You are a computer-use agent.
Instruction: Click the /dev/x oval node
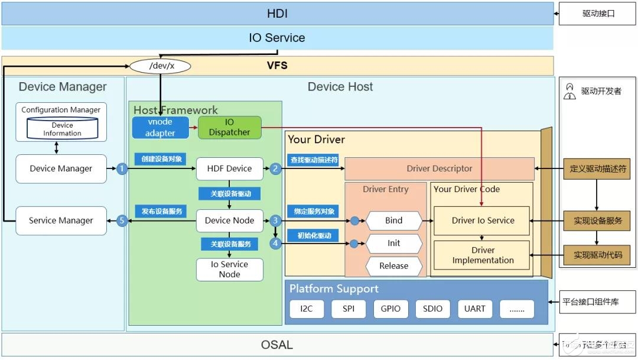pyautogui.click(x=159, y=66)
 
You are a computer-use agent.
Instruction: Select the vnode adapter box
pyautogui.click(x=160, y=128)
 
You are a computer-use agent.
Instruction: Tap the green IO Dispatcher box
pyautogui.click(x=229, y=128)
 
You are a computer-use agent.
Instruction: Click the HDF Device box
pyautogui.click(x=229, y=168)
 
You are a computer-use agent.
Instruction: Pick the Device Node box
pyautogui.click(x=229, y=220)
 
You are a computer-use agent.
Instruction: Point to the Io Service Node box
pyautogui.click(x=229, y=269)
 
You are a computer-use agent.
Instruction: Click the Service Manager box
pyautogui.click(x=61, y=220)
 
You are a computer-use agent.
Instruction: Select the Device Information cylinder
pyautogui.click(x=62, y=129)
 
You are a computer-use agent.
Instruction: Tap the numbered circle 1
pyautogui.click(x=122, y=168)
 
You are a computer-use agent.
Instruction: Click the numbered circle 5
pyautogui.click(x=122, y=220)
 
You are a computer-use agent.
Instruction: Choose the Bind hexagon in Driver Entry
pyautogui.click(x=393, y=220)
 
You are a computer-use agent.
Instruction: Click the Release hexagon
pyautogui.click(x=393, y=266)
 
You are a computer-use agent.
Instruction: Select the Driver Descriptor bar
pyautogui.click(x=439, y=168)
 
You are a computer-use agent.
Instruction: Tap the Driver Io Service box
pyautogui.click(x=483, y=220)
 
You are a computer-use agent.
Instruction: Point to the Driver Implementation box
pyautogui.click(x=483, y=255)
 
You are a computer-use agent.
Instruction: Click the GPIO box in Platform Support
pyautogui.click(x=390, y=309)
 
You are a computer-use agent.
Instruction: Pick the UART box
pyautogui.click(x=474, y=309)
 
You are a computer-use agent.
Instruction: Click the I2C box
pyautogui.click(x=306, y=309)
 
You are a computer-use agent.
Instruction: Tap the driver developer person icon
pyautogui.click(x=569, y=91)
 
